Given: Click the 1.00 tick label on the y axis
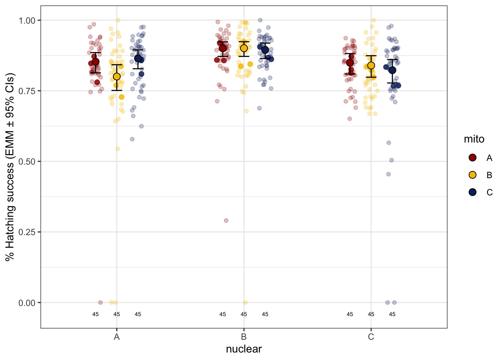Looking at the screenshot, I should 27,20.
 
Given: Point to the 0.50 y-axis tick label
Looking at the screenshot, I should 27,162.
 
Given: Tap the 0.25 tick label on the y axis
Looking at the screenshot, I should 27,232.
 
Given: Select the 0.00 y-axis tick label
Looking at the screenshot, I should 27,303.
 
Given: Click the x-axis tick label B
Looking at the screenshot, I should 244,337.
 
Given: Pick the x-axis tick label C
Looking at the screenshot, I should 371,337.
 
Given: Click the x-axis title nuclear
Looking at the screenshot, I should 244,349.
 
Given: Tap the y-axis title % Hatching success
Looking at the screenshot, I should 10,167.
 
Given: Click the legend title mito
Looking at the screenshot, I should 474,139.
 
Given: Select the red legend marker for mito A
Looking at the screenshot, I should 472,157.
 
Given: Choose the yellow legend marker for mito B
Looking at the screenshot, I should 472,175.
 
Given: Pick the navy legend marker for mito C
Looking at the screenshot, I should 472,192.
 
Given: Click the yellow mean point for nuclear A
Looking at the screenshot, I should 117,76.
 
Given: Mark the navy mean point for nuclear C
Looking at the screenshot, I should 392,70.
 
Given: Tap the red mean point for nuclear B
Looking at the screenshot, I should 223,48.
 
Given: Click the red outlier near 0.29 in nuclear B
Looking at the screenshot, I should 226,220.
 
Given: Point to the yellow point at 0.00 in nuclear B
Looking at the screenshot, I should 245,302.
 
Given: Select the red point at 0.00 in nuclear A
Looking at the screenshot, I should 100,302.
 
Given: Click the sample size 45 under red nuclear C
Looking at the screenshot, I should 350,314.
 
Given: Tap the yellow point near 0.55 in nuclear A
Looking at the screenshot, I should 118,149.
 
